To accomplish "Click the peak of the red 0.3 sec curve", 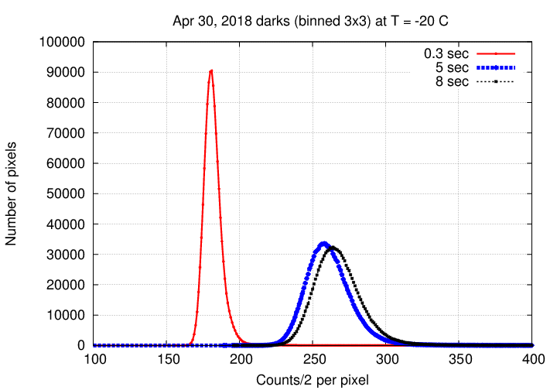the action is coord(211,70).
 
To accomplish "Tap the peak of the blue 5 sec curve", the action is coord(323,243).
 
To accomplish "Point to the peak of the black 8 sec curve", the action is coord(333,247).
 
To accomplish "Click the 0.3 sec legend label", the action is coord(446,53).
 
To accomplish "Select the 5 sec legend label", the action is coord(452,67).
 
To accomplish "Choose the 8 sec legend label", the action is coord(452,82).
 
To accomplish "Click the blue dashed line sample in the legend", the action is coord(496,67).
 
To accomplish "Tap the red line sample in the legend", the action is coord(496,53).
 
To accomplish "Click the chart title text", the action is coord(310,21).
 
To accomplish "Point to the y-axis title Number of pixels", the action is coord(11,193).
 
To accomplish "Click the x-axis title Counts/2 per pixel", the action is coord(313,380).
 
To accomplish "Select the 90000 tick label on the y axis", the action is coord(66,73).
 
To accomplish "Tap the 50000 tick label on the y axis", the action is coord(66,194).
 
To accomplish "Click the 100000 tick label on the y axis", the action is coord(62,42).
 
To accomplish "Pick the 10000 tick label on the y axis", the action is coord(66,315).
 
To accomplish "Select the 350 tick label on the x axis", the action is coord(460,359).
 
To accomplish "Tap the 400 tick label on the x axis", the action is coord(532,359).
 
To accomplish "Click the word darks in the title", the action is coord(272,21).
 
